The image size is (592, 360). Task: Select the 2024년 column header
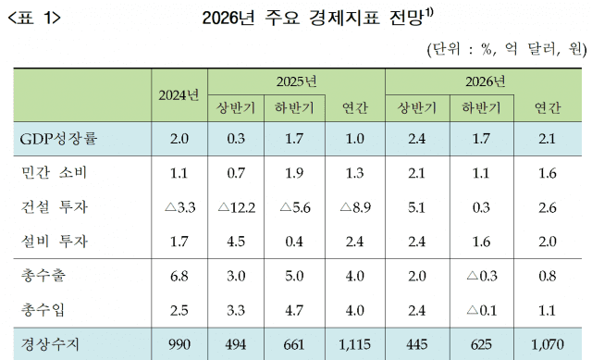(179, 95)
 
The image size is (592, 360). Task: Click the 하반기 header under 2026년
(481, 109)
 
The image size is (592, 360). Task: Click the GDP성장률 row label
(58, 139)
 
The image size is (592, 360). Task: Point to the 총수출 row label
(46, 276)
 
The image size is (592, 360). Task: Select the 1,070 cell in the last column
(546, 344)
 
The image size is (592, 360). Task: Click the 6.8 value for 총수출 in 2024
(179, 276)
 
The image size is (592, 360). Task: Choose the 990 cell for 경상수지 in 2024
(179, 344)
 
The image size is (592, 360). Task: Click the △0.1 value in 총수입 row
(481, 310)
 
